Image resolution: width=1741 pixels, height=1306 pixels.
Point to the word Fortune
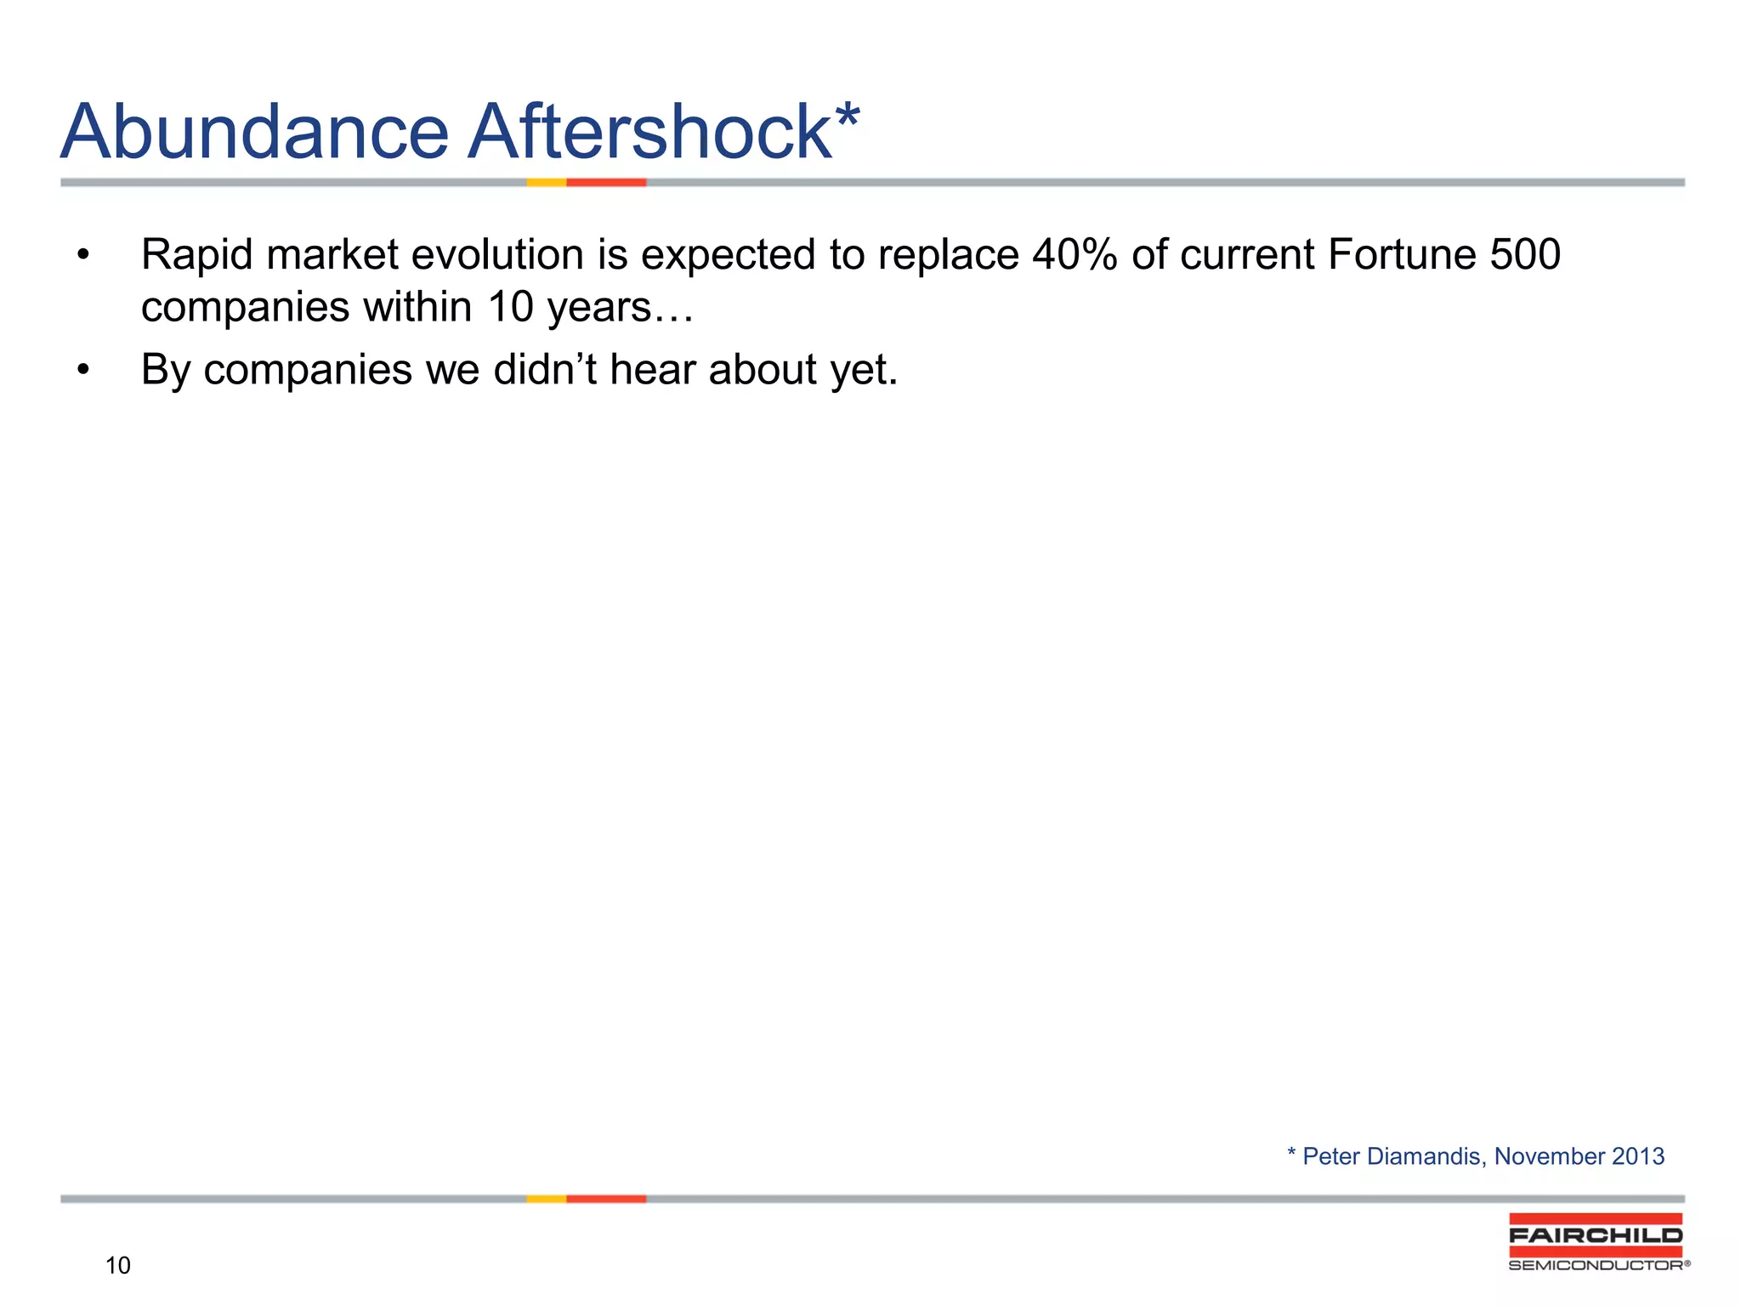point(1404,254)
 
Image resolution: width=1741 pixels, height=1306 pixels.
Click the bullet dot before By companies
point(82,370)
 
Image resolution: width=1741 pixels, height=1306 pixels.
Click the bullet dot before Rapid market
point(82,255)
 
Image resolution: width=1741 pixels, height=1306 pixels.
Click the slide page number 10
point(118,1266)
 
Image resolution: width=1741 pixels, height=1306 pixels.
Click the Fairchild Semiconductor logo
point(1596,1242)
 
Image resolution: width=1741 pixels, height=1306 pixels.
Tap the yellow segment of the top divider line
point(546,182)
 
